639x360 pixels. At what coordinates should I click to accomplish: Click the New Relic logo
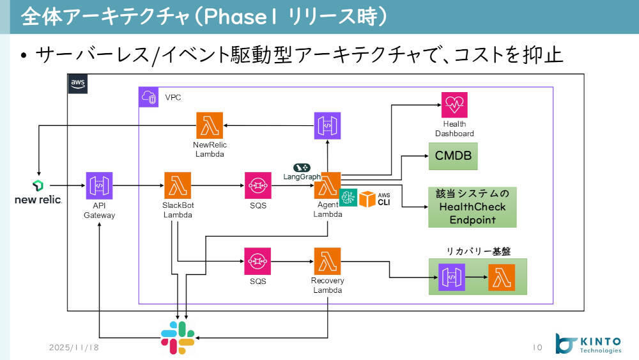38,192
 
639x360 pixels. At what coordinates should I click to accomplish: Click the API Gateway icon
99,185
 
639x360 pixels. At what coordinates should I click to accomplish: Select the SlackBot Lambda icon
178,185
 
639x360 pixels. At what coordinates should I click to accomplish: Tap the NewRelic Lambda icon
210,125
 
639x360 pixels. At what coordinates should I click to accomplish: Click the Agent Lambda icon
327,185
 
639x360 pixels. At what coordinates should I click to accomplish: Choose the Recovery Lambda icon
327,261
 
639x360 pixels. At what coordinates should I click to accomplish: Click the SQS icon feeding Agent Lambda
258,185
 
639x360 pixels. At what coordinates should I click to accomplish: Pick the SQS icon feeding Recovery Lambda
258,261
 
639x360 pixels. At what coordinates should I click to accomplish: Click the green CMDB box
452,156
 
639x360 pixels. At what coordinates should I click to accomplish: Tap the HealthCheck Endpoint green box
472,207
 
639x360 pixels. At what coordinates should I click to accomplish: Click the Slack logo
178,337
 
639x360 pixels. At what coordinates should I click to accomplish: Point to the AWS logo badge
77,84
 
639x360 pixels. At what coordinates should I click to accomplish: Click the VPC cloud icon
148,97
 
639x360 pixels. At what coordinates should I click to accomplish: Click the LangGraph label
302,175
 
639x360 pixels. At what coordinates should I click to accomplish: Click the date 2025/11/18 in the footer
73,347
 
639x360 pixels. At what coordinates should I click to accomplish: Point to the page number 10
537,347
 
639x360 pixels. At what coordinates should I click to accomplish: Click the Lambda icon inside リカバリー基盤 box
502,277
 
